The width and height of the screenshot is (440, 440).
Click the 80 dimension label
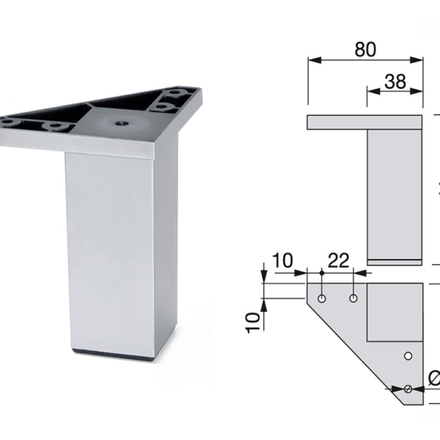(x=364, y=50)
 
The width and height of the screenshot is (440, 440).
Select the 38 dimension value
(x=396, y=83)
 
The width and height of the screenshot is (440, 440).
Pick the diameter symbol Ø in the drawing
(x=433, y=378)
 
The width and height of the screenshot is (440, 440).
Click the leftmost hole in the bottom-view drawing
(x=322, y=298)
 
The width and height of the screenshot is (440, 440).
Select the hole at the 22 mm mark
(x=353, y=298)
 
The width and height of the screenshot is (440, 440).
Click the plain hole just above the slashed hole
(x=408, y=356)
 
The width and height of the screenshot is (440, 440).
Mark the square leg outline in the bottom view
(x=395, y=312)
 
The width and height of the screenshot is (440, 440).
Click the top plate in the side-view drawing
(x=365, y=122)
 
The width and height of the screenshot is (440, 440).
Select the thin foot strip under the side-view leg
(x=395, y=260)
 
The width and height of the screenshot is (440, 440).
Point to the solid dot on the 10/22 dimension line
(x=322, y=273)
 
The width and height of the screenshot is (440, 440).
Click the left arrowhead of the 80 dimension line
(x=311, y=61)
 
